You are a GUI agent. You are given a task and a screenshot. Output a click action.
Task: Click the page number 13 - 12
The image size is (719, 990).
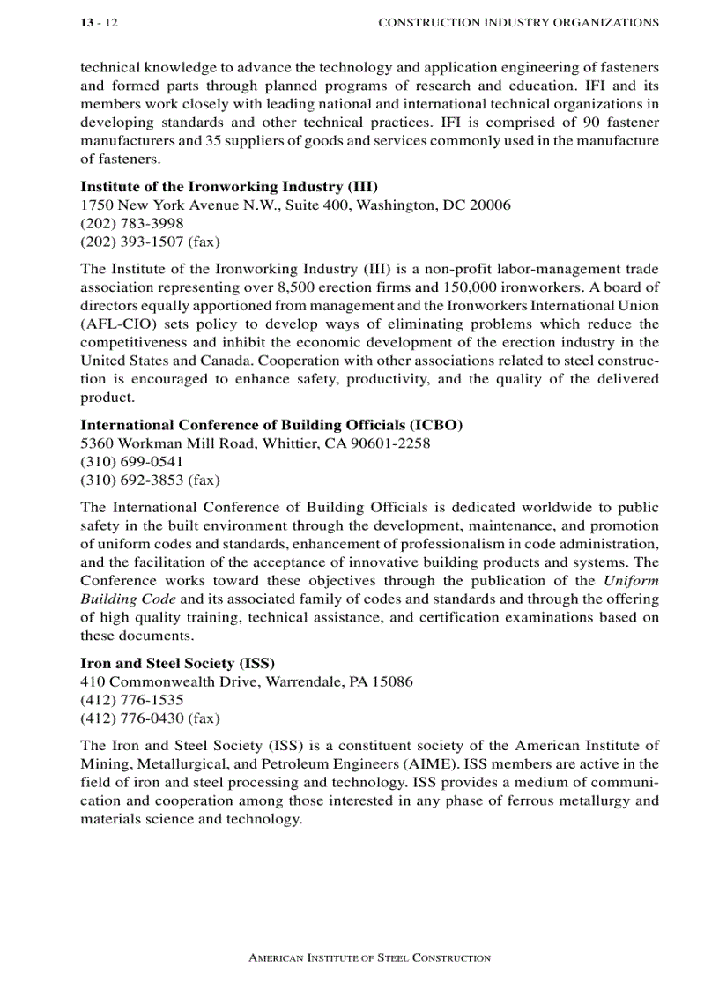99,23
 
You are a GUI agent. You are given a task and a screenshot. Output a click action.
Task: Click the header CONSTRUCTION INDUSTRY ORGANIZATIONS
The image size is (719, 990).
518,23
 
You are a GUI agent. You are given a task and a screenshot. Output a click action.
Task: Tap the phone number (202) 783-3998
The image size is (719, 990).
132,223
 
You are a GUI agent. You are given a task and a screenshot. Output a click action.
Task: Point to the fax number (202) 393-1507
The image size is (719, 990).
132,242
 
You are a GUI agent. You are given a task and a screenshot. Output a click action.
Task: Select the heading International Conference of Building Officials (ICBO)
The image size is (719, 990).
271,425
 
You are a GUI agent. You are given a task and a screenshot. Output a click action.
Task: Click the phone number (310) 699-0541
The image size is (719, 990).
132,462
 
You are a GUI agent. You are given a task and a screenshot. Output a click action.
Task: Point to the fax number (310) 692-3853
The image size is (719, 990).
132,480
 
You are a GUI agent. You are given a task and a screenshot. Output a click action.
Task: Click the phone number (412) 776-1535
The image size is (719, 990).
132,700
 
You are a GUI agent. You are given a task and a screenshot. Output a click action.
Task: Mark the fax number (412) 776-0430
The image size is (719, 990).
132,718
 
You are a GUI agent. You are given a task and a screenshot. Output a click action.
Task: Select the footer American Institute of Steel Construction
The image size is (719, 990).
369,957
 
